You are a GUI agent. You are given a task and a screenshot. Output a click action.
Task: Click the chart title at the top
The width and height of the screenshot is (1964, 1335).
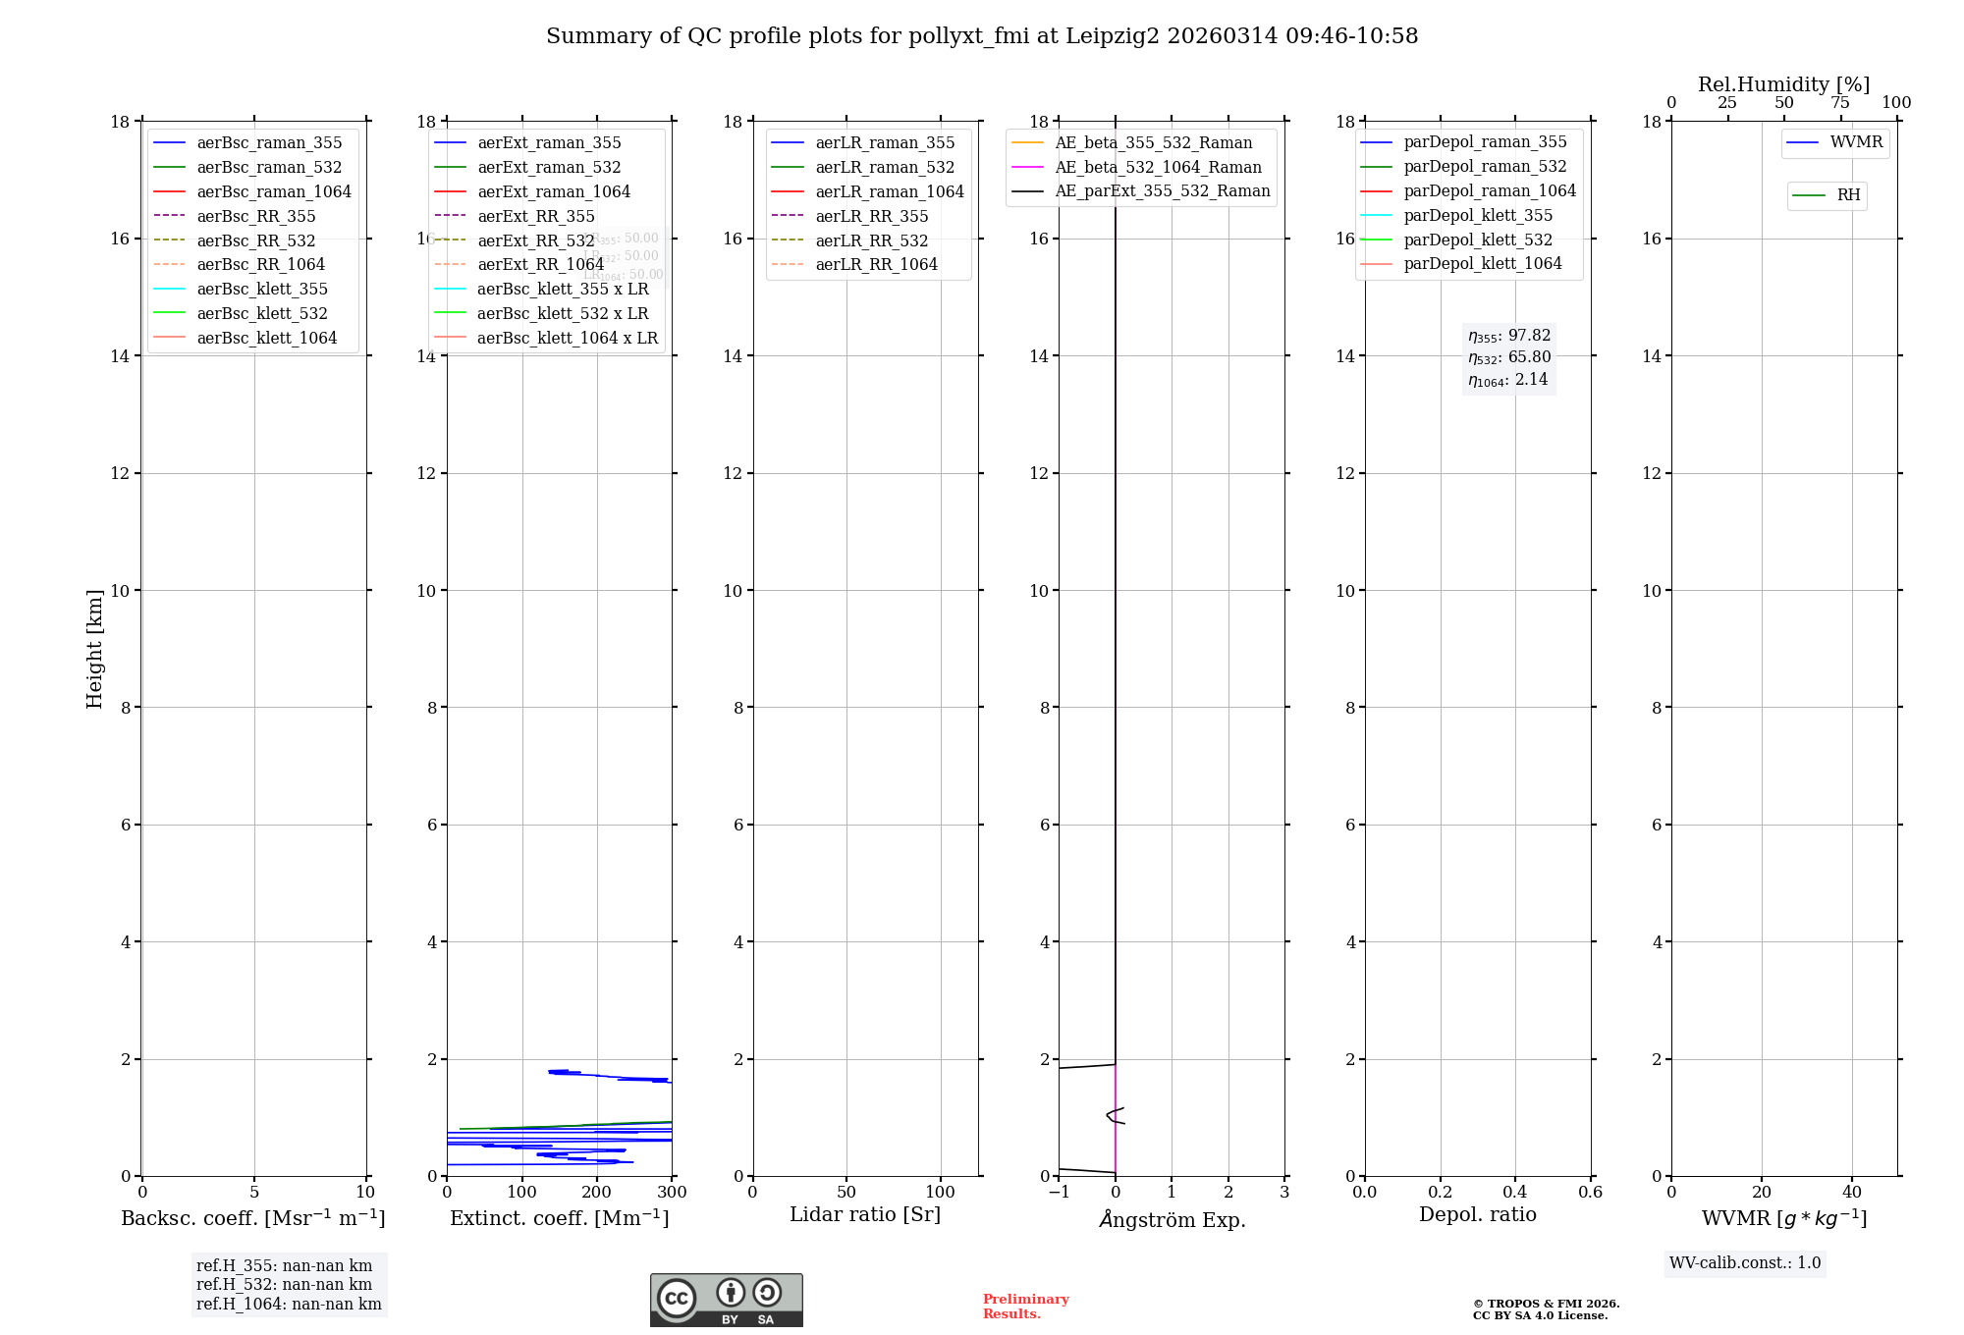tap(982, 36)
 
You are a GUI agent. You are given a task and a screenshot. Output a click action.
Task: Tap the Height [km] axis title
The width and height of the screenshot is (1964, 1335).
tap(94, 649)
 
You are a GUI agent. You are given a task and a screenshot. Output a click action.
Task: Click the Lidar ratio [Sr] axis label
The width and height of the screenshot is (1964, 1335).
tap(865, 1214)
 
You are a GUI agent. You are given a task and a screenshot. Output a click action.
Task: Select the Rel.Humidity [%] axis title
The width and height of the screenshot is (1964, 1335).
tap(1783, 84)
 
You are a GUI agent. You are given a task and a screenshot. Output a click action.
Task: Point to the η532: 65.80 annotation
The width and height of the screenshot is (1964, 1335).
tap(1509, 357)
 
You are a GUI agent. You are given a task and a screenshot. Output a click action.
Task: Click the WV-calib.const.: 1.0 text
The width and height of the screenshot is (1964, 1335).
tap(1745, 1262)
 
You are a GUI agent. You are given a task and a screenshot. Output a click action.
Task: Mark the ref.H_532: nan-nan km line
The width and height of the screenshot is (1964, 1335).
tap(284, 1284)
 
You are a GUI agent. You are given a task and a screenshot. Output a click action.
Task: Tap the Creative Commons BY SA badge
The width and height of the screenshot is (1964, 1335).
tap(726, 1301)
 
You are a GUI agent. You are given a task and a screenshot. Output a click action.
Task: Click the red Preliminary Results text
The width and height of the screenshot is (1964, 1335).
tap(1025, 1307)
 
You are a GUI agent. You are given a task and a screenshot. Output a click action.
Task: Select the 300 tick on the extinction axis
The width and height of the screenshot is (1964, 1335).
tap(673, 1192)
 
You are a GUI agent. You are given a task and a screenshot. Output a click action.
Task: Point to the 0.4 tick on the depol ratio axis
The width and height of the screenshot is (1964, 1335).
tap(1515, 1192)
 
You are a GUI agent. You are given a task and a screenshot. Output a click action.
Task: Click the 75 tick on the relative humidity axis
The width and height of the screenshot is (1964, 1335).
tap(1840, 102)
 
